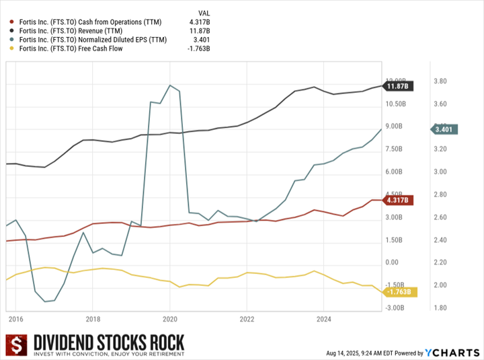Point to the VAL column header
pos(205,13)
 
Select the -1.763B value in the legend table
pos(198,48)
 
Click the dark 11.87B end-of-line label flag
pos(399,85)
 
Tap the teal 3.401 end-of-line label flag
pos(444,129)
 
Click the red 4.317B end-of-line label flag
pos(399,200)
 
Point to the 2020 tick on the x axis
pos(169,318)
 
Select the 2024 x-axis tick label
pos(324,318)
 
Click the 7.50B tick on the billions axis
pos(394,149)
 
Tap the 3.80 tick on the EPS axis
pos(441,81)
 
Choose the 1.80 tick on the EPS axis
pos(441,308)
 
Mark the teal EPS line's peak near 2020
pos(170,85)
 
